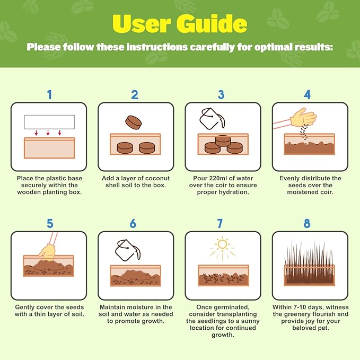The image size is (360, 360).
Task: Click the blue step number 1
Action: click(50, 94)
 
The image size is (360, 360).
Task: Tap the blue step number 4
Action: click(307, 94)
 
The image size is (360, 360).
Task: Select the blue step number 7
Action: click(219, 223)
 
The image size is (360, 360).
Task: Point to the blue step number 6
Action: click(133, 223)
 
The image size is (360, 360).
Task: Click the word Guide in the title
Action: click(212, 23)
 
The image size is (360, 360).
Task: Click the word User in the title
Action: click(142, 24)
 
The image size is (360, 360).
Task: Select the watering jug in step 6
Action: click(127, 250)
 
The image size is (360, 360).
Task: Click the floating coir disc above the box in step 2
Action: click(134, 122)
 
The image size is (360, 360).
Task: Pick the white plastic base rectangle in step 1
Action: click(49, 122)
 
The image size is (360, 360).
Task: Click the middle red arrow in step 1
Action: click(48, 133)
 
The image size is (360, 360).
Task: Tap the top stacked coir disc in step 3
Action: click(223, 141)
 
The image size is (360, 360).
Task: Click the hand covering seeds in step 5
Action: click(48, 252)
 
